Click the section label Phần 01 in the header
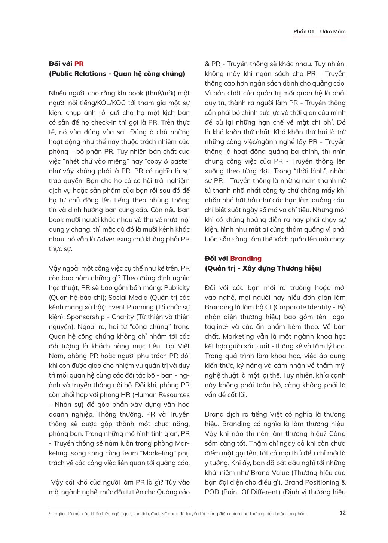303,31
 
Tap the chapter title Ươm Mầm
333,31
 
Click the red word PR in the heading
79,64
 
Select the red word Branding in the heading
246,259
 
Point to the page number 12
342,513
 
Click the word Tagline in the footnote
60,514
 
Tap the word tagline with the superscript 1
216,327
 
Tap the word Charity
122,317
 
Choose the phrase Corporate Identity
302,307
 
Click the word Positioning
322,482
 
